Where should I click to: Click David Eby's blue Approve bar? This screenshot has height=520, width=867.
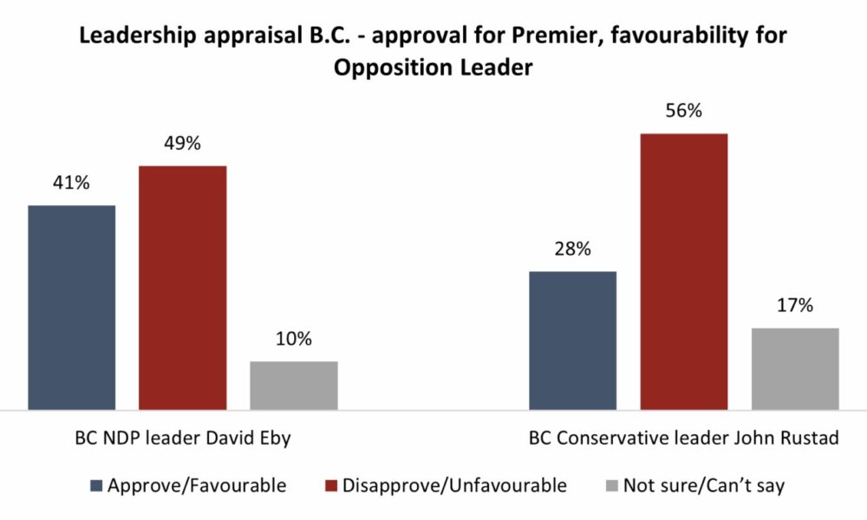point(72,307)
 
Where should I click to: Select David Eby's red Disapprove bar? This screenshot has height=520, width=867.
point(183,287)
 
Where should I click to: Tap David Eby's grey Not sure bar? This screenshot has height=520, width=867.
point(294,385)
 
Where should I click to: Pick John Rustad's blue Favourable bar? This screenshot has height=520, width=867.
point(572,340)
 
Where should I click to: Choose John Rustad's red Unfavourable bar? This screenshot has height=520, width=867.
point(684,271)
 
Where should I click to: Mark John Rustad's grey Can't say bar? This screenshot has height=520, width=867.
point(795,368)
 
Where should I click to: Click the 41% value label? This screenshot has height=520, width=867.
point(72,184)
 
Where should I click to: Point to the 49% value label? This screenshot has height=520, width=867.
point(183,144)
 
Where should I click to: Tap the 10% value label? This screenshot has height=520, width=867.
point(294,339)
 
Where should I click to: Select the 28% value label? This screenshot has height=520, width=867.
point(572,250)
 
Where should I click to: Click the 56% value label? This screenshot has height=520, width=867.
point(684,112)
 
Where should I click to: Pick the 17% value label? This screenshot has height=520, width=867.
point(795,306)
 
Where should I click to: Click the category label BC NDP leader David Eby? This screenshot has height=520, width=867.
point(182,438)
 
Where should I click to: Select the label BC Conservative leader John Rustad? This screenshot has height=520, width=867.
point(684,438)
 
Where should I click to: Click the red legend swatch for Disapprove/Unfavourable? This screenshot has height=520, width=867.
point(330,485)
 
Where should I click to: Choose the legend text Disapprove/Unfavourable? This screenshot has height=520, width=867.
point(454,485)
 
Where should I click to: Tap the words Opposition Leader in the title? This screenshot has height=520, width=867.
point(433,68)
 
